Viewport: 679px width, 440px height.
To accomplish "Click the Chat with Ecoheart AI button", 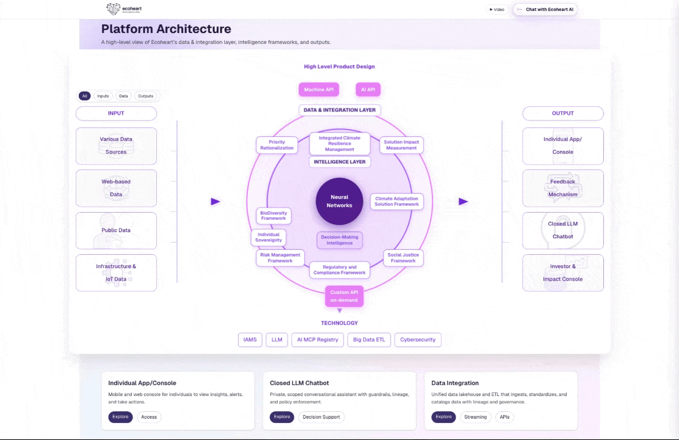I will tap(545, 9).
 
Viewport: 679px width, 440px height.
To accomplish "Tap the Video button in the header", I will tap(497, 9).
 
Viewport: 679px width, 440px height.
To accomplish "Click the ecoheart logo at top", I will tap(124, 9).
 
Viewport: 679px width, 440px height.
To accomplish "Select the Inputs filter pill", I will tap(103, 96).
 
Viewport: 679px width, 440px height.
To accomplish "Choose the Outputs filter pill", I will tap(145, 96).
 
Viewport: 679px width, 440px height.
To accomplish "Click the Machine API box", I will tap(319, 90).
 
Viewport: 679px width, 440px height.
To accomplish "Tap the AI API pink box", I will tap(368, 90).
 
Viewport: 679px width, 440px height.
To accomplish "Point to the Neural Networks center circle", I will tap(339, 201).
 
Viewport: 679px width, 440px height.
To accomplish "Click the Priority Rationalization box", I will tap(277, 145).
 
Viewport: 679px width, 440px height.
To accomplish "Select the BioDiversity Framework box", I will tap(274, 215).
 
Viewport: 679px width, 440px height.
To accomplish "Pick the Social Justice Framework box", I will tap(403, 257).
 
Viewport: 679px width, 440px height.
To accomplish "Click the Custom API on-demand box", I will tap(344, 296).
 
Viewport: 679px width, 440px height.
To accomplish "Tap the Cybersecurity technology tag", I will tap(418, 340).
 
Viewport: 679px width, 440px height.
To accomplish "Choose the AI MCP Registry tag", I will tap(318, 340).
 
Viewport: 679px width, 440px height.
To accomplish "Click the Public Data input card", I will tap(116, 230).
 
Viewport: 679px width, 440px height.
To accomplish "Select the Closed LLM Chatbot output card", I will tap(563, 230).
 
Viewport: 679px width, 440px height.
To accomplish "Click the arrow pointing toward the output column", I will tap(463, 201).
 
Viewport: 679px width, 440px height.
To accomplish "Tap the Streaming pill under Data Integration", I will tap(476, 417).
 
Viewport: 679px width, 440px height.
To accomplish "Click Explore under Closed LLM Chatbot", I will tap(282, 417).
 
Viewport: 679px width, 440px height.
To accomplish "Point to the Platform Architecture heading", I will tap(166, 29).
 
